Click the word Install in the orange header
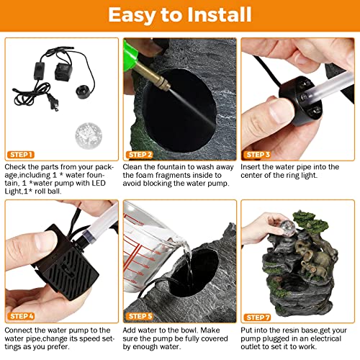click(220, 14)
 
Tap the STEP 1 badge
click(21, 155)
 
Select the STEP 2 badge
click(140, 155)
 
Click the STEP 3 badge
click(257, 155)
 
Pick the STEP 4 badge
click(21, 316)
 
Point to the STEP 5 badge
click(140, 316)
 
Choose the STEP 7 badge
click(257, 318)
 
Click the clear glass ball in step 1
click(89, 135)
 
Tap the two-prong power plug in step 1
click(53, 102)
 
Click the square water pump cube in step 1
click(63, 72)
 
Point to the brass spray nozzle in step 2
click(151, 75)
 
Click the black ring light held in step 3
click(301, 101)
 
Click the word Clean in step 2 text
click(133, 167)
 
